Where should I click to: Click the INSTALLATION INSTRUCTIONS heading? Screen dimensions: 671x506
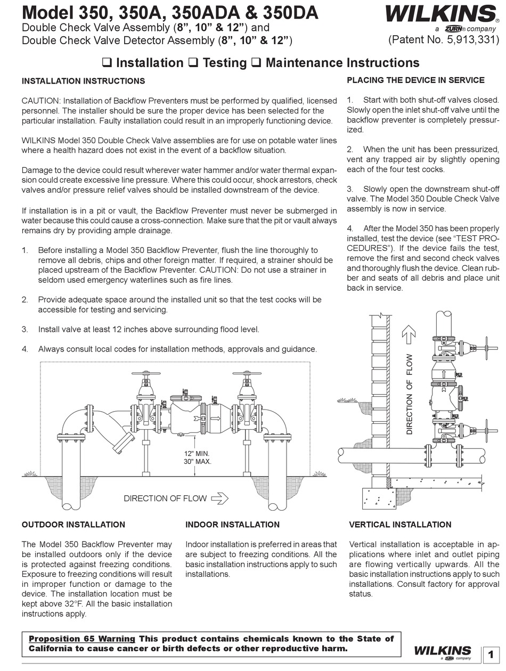click(x=83, y=81)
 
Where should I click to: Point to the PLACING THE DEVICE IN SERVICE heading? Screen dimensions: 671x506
click(x=415, y=80)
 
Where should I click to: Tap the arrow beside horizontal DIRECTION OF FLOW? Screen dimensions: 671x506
click(x=219, y=498)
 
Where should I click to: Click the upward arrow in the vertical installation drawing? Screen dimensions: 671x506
click(x=409, y=335)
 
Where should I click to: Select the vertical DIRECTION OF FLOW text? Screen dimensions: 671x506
click(x=409, y=394)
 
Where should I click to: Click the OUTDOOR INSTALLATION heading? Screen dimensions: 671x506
click(x=74, y=525)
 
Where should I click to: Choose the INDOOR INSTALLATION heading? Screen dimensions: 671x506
click(x=232, y=525)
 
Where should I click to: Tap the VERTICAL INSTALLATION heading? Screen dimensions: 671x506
click(x=400, y=525)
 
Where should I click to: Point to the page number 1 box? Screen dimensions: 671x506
click(x=490, y=655)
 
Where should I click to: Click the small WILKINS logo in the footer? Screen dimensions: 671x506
click(x=442, y=651)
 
